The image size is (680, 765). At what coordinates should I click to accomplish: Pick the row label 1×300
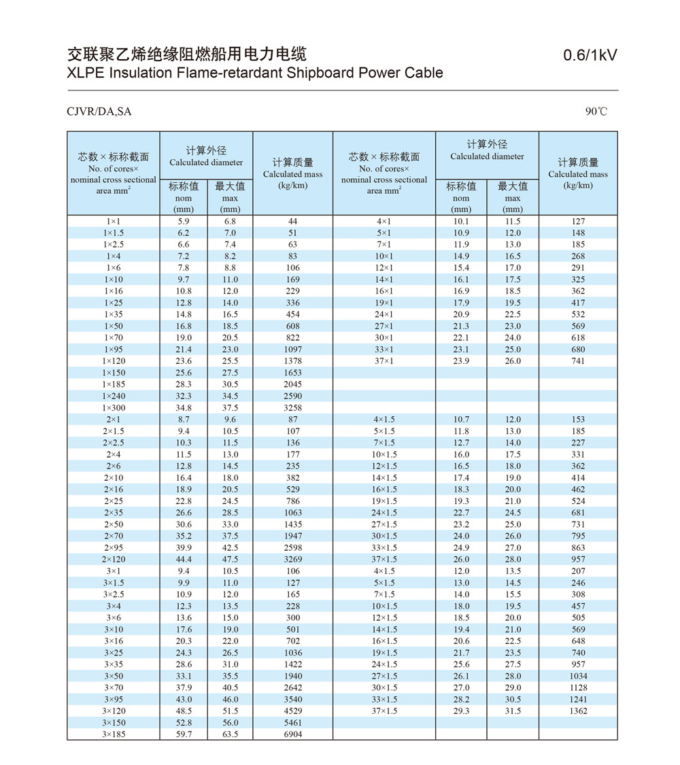click(114, 408)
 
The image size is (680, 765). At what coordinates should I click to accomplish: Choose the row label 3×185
click(114, 734)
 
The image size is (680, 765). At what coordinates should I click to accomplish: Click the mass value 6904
click(292, 734)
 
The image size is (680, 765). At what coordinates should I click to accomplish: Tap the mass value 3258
click(292, 408)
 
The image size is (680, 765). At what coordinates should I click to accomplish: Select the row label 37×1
click(384, 361)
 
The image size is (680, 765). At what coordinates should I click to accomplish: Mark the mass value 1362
click(578, 711)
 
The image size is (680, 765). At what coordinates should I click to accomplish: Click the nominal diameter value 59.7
click(184, 734)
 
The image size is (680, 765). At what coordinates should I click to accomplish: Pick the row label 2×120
click(114, 560)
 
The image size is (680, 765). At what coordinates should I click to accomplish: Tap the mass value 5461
click(292, 723)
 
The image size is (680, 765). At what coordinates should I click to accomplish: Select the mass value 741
click(578, 361)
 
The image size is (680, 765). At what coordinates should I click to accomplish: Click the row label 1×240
click(114, 396)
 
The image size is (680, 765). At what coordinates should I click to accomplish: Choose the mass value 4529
click(292, 711)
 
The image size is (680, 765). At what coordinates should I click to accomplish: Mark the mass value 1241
click(578, 700)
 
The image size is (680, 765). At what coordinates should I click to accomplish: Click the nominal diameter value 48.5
click(184, 711)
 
